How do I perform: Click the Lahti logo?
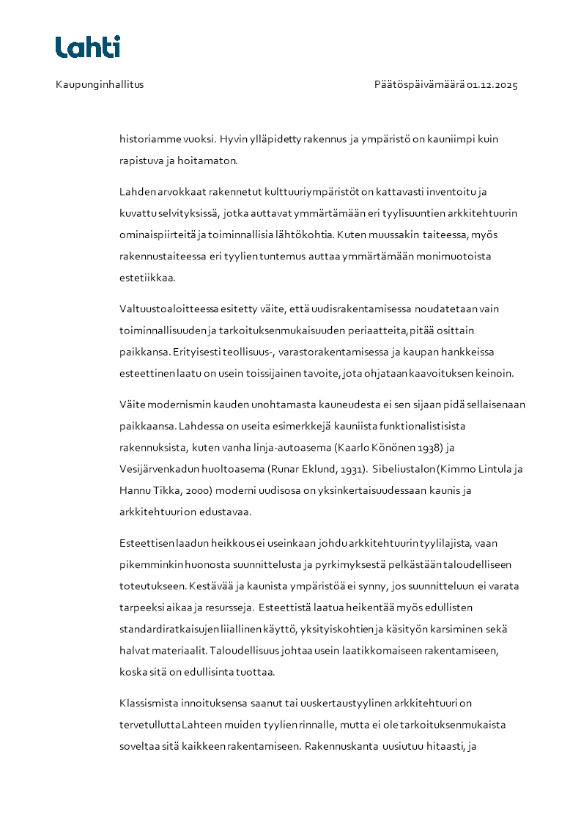point(88,47)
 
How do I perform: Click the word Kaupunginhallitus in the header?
point(100,84)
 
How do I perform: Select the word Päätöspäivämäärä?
point(419,84)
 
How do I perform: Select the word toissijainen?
point(275,373)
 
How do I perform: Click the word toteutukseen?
point(152,586)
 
